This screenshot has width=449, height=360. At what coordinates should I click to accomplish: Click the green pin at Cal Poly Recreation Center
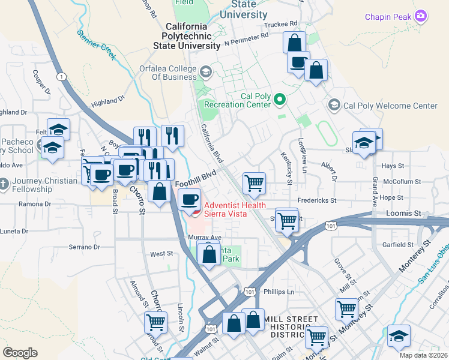pos(279,99)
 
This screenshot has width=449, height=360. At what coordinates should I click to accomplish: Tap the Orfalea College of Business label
pos(168,73)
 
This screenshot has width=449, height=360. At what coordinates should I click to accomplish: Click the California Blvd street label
pos(212,144)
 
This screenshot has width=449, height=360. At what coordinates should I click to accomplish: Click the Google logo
pos(20,352)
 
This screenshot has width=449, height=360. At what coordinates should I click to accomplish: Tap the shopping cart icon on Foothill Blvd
pos(254,182)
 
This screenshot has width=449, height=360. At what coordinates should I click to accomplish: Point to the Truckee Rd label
pos(281,24)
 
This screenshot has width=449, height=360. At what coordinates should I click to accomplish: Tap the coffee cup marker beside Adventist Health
pos(190,199)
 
